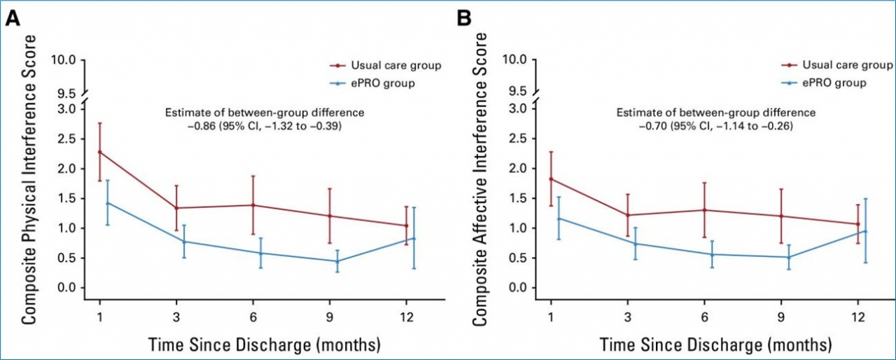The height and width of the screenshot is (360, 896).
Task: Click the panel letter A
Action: [x=12, y=19]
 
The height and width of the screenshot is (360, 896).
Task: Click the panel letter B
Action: [x=464, y=19]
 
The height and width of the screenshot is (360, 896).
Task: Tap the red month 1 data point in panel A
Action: [x=100, y=152]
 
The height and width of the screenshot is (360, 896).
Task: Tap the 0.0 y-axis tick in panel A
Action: [x=67, y=288]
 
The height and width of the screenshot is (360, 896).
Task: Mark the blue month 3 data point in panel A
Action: [x=184, y=242]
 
